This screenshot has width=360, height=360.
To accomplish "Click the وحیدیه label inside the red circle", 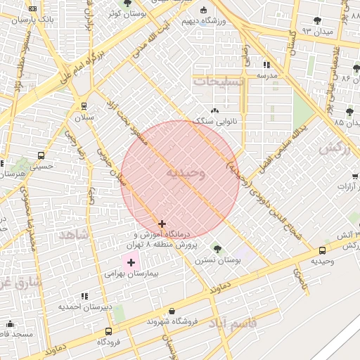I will click(x=186, y=173).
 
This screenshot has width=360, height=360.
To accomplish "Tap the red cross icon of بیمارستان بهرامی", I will click(x=131, y=262).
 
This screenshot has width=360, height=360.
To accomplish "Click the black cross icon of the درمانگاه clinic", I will click(x=162, y=224).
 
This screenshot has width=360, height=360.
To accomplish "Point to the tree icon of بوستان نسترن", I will click(x=217, y=248).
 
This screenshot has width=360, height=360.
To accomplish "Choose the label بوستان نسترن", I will click(x=217, y=259).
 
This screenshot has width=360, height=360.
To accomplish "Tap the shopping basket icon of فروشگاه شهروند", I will click(x=172, y=311).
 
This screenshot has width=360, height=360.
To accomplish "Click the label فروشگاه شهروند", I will click(x=172, y=321).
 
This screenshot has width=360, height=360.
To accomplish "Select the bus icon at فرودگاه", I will click(x=108, y=331).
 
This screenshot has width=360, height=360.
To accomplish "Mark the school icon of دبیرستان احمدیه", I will click(x=85, y=297).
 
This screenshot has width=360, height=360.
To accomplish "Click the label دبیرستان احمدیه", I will click(x=86, y=307).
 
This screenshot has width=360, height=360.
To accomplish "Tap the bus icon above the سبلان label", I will click(x=84, y=106).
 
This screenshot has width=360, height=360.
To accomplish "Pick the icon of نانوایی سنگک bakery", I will click(x=214, y=110).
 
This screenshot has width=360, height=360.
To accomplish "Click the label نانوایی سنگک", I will click(x=214, y=121).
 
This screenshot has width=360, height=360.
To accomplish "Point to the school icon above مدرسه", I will click(x=266, y=65).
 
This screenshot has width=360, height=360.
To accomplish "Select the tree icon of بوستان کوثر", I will click(x=127, y=4).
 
